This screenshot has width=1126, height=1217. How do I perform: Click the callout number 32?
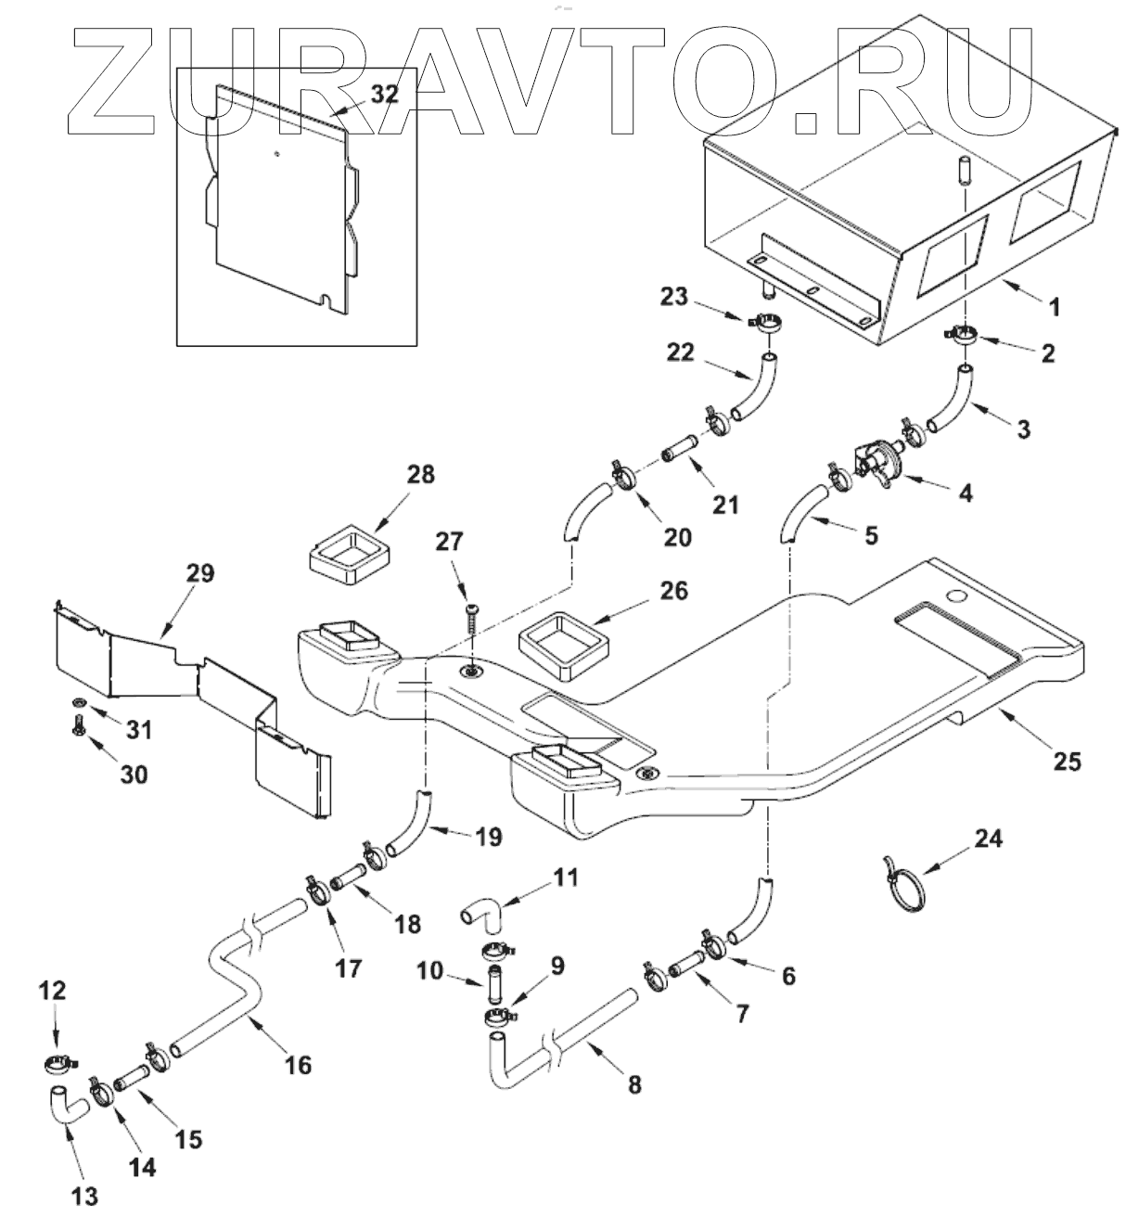385,95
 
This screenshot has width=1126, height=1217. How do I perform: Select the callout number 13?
84,1195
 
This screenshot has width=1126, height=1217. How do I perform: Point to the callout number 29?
199,573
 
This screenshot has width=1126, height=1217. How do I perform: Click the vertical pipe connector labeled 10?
494,979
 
